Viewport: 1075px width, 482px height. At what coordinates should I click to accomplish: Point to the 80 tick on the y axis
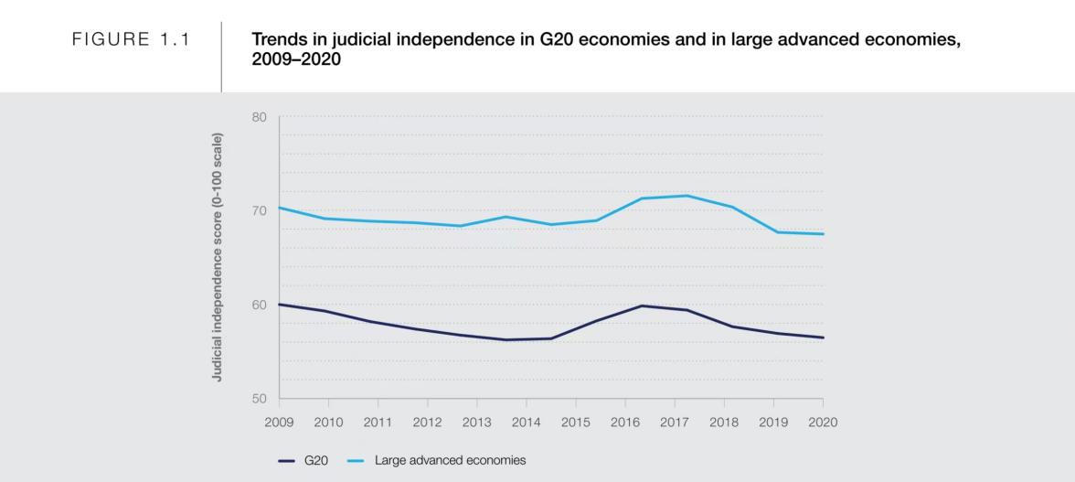259,117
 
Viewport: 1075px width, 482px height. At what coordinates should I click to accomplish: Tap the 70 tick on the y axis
259,210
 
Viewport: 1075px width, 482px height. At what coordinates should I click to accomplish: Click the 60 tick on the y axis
259,305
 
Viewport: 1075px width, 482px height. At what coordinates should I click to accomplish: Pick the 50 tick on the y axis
259,399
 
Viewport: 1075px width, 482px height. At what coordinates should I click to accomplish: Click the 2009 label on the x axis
279,423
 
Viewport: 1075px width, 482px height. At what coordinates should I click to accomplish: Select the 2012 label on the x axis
427,423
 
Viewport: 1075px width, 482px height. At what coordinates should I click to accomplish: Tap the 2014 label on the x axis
526,423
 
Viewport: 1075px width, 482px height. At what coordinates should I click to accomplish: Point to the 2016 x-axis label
624,423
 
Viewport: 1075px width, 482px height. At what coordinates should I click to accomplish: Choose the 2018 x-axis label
724,423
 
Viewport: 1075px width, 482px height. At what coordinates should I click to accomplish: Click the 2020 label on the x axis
823,423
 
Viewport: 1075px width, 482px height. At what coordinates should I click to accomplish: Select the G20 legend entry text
316,461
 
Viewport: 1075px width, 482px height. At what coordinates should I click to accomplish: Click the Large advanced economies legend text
450,461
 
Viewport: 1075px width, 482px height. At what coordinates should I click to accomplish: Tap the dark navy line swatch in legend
286,461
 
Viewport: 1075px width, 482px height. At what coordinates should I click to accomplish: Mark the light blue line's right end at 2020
823,234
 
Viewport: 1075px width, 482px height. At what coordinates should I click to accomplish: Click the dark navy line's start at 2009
280,304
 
